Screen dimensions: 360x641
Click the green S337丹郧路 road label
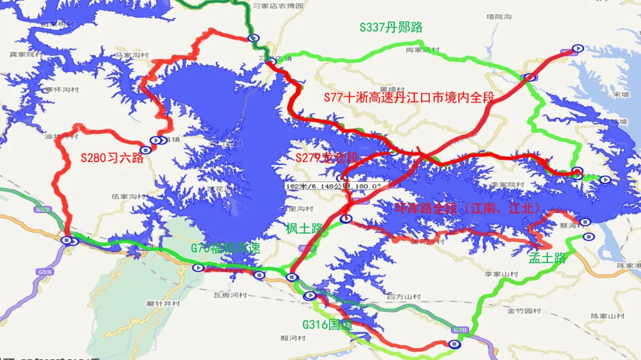coord(391,27)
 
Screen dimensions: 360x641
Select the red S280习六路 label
coord(112,158)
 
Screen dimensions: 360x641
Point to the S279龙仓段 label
coord(327,158)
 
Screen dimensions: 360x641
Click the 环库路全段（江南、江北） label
coord(468,208)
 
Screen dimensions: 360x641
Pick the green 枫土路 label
coord(304,228)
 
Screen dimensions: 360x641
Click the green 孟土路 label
coord(547,258)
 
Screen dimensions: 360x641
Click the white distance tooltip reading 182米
coord(333,186)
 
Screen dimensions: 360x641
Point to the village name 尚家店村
coord(423,50)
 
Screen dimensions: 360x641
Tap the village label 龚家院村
coord(26,54)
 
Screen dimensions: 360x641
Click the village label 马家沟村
coord(131,55)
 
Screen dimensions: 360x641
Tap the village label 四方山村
coord(404,297)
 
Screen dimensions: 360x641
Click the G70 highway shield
coord(460,329)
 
